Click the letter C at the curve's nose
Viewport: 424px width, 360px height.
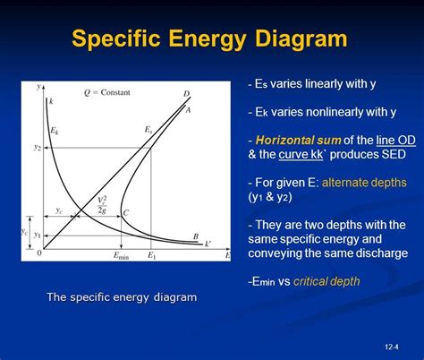pyautogui.click(x=126, y=213)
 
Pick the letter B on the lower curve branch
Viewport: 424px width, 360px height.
pyautogui.click(x=196, y=236)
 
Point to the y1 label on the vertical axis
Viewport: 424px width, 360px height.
pyautogui.click(x=38, y=236)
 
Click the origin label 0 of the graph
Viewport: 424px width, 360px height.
pyautogui.click(x=38, y=254)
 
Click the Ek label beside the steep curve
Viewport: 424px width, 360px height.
pyautogui.click(x=55, y=132)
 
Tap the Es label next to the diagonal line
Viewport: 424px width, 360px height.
pyautogui.click(x=148, y=130)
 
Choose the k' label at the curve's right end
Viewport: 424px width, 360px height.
pyautogui.click(x=208, y=244)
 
